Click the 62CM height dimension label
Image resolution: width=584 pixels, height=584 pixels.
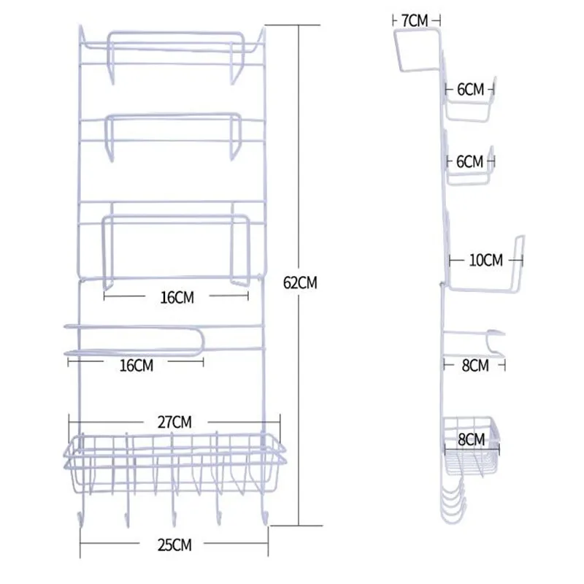[300, 283]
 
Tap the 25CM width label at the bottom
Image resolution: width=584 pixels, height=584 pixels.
[174, 545]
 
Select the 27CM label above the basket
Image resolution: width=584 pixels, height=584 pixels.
[174, 423]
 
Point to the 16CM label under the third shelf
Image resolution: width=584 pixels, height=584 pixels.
[177, 298]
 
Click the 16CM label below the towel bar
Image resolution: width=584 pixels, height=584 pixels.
[137, 366]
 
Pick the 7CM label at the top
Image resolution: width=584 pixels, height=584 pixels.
[415, 21]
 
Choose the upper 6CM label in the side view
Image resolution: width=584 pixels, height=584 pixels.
[470, 90]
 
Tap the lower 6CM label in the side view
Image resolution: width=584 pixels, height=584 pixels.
[469, 161]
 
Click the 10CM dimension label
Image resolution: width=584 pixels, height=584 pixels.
[485, 261]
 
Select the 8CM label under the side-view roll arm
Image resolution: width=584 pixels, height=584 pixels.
[475, 366]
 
